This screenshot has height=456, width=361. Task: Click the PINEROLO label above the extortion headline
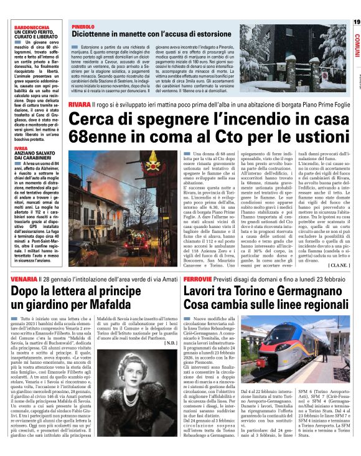pyautogui.click(x=82, y=27)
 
